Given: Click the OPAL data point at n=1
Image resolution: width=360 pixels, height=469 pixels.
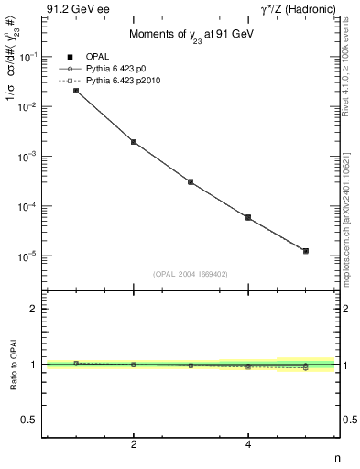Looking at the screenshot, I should coord(76,91).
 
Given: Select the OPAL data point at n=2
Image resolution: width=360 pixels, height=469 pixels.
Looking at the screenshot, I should coord(134,142).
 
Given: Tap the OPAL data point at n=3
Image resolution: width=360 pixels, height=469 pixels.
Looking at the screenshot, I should coord(191,182).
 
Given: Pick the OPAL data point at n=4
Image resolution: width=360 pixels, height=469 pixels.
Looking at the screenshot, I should coord(248,217).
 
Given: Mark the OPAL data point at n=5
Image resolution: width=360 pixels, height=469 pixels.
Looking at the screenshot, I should coord(306,250).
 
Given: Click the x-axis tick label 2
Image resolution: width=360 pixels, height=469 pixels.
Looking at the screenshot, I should coord(134,445).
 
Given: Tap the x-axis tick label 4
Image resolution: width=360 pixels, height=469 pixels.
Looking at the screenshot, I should coord(248,445).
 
